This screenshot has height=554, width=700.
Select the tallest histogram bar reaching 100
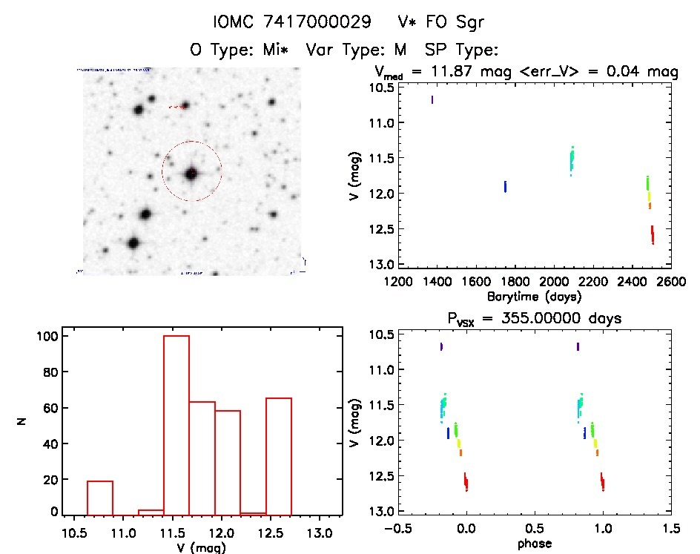point(176,423)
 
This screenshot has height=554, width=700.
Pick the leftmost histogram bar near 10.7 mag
point(100,497)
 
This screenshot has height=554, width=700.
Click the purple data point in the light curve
point(432,99)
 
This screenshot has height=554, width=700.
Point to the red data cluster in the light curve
point(653,234)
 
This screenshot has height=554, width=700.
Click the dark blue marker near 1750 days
point(505,186)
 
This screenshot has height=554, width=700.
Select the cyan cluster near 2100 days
point(572,159)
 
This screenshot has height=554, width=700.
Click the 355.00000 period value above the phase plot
point(553,318)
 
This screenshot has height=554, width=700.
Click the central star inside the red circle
point(192,174)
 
